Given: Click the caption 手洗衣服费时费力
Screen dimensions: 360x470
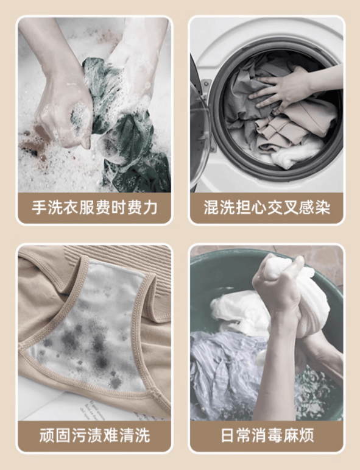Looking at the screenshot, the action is (94, 207).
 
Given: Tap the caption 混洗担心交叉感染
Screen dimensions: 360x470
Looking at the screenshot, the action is (267, 207).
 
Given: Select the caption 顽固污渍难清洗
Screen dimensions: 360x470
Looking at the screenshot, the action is (94, 435).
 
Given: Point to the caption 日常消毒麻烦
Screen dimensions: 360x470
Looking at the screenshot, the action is (267, 435).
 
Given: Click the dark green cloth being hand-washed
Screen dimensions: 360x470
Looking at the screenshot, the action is (126, 126).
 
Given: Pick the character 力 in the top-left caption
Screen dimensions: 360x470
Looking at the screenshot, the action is (150, 207).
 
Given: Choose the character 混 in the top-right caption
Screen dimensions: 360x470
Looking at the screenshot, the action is (211, 207).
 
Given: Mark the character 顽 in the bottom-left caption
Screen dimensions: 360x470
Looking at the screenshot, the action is (48, 435).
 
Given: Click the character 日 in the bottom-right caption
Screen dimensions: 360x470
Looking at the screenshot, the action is (228, 435).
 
